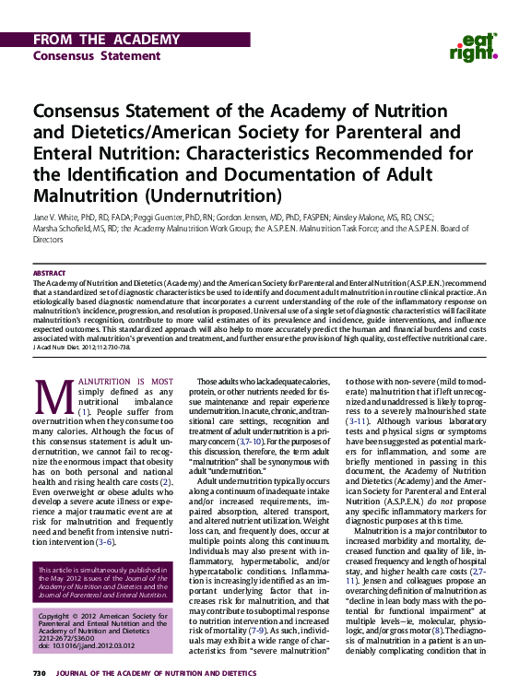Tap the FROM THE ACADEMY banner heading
[106, 40]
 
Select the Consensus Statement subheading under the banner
[83, 55]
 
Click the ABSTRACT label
[49, 273]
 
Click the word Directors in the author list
[48, 238]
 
